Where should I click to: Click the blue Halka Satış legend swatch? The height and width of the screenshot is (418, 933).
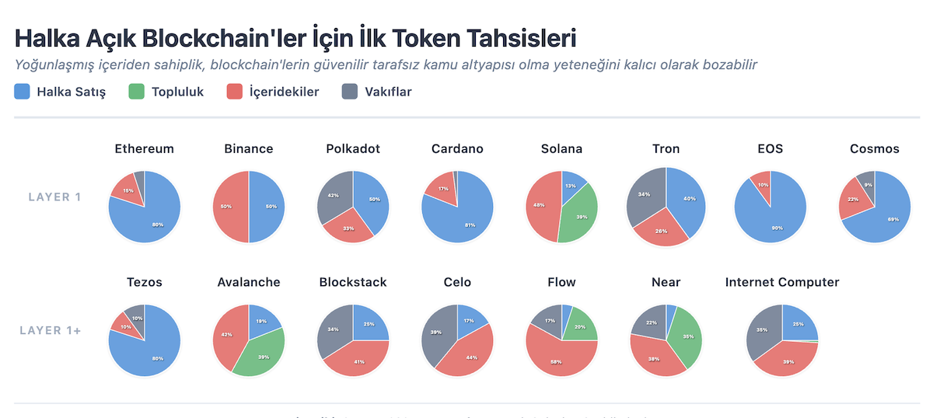(23, 92)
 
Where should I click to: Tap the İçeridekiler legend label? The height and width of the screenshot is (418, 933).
(283, 92)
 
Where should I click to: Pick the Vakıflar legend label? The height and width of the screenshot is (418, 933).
(388, 92)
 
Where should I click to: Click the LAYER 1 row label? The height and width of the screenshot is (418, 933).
(55, 197)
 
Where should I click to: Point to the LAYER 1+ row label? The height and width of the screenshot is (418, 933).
(51, 330)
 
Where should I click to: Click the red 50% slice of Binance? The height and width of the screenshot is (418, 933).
(231, 207)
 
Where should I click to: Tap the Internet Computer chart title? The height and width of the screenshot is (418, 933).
(782, 282)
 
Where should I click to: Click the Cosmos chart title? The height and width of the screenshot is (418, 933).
(875, 148)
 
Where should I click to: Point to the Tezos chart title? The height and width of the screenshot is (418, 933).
(144, 282)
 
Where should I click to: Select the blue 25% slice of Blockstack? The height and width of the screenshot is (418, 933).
(369, 325)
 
